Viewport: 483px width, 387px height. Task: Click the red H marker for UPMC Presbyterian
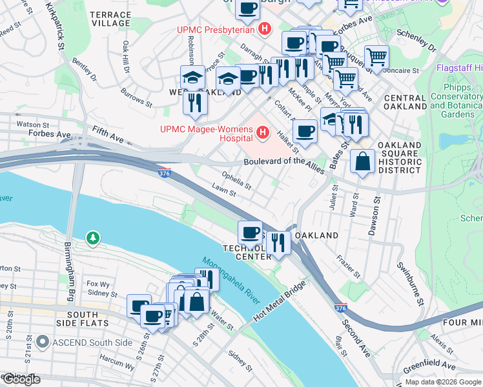coord(263,29)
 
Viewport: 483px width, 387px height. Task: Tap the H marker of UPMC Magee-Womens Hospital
coord(263,134)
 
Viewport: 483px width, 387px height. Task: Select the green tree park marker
coord(94,239)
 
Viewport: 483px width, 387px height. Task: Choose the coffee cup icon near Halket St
coord(305,132)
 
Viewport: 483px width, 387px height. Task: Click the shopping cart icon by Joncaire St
coord(376,57)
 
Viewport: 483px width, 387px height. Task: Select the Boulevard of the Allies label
coord(283,162)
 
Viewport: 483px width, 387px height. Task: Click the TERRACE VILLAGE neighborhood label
coord(110,18)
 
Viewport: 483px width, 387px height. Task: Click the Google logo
coord(21,379)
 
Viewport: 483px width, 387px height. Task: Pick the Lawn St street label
coord(222,188)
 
